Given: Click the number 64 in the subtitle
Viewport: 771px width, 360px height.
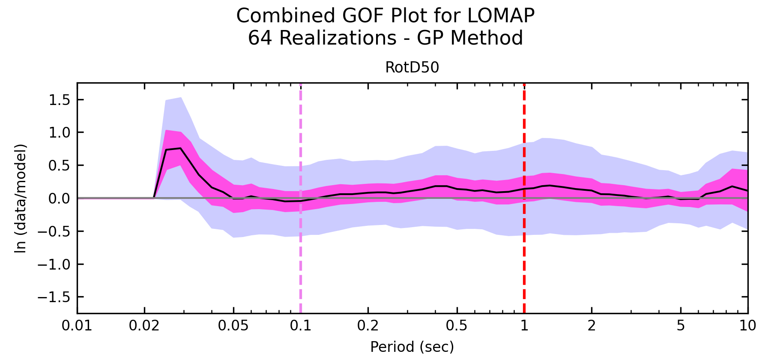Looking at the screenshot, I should tap(259, 38).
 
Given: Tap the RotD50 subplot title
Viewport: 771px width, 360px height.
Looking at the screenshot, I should tap(412, 68).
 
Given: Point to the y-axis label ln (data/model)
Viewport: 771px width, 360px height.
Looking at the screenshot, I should tap(21, 198).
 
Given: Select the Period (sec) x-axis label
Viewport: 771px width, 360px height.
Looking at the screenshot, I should tap(412, 347).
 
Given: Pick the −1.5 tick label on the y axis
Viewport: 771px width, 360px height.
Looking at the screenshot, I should tap(54, 297).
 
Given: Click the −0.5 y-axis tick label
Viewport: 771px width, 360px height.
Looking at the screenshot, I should tap(54, 231).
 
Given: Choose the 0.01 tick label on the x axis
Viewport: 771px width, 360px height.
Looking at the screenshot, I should tap(77, 326).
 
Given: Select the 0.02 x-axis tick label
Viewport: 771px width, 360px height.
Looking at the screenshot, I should tap(144, 326).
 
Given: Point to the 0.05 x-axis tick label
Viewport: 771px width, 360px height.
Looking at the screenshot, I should tap(233, 326).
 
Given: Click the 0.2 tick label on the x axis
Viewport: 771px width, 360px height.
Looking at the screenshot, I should tap(368, 326).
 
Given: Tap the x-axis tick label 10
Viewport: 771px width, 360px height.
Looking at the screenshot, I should tap(748, 326).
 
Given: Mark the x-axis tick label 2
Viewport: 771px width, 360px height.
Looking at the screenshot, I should tap(592, 326).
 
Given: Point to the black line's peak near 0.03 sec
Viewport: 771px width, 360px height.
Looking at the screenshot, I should tap(180, 148).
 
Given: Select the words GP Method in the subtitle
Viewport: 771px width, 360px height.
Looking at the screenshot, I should tap(470, 38).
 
